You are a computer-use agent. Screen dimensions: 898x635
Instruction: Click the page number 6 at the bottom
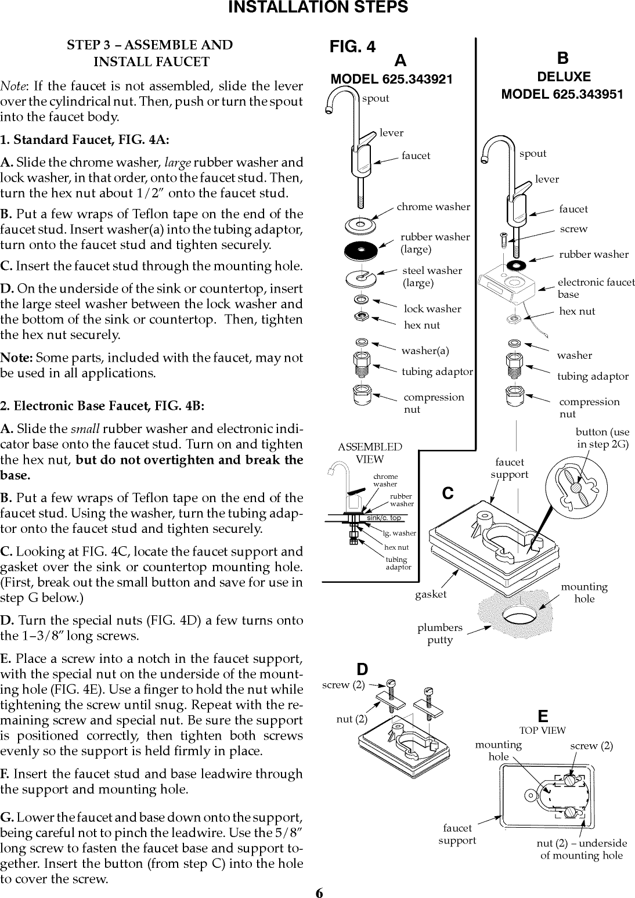(x=319, y=892)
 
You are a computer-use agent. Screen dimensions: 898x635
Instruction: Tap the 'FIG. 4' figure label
(x=352, y=47)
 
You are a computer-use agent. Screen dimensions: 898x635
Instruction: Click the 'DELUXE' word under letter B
(x=563, y=77)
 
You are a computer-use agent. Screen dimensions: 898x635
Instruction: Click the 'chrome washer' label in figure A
(x=433, y=207)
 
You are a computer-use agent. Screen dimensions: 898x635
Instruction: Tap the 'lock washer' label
(x=432, y=309)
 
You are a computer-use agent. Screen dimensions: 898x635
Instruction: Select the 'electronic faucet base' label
(x=596, y=288)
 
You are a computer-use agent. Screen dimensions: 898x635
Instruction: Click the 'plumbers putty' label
(x=440, y=634)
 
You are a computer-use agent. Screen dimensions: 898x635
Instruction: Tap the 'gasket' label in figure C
(x=431, y=594)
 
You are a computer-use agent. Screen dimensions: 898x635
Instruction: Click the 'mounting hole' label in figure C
(x=584, y=593)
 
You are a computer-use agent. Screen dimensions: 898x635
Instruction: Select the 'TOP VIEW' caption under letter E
(x=542, y=730)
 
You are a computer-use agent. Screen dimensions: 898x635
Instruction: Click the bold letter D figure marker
(x=362, y=671)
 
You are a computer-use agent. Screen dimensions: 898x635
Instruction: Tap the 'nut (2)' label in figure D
(x=352, y=719)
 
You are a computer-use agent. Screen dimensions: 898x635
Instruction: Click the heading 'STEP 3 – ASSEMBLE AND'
(x=150, y=45)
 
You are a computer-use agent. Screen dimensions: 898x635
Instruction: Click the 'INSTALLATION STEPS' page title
(x=317, y=8)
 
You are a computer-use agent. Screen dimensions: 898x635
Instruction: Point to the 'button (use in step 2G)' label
(x=602, y=438)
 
